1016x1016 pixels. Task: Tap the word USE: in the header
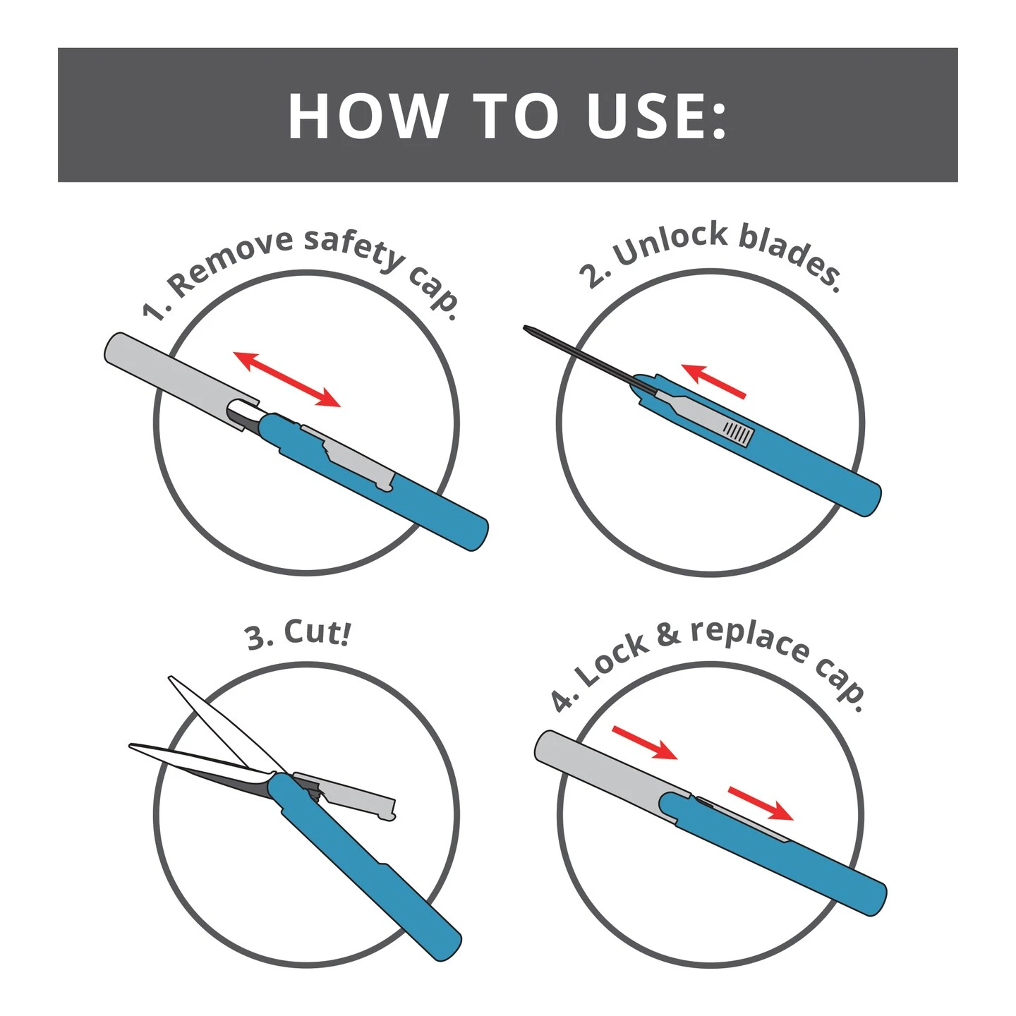[656, 116]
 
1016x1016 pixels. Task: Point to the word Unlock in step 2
[670, 243]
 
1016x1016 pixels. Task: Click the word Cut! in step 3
[317, 632]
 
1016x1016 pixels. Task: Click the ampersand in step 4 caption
[667, 634]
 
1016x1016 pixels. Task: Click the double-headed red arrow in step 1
[287, 379]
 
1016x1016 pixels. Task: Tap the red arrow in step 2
[713, 381]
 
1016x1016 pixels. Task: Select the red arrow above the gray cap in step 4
[644, 743]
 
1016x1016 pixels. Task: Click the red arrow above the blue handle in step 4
[761, 804]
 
